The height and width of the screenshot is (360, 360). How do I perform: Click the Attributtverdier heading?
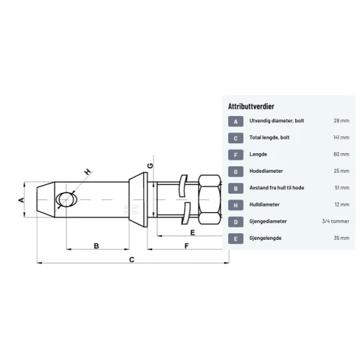pos(251,107)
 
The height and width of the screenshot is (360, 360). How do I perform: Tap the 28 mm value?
pos(341,120)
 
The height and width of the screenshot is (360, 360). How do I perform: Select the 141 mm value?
pos(341,138)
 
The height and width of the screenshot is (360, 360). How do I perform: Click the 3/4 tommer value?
pos(336,221)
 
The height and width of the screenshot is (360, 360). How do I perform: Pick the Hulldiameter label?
pos(264,204)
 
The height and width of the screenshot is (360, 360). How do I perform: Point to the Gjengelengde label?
pos(266,238)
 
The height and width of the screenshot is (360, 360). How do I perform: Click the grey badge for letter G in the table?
pos(235,171)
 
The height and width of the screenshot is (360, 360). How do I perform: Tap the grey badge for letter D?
pos(235,222)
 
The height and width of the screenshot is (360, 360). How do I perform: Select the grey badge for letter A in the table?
pos(235,122)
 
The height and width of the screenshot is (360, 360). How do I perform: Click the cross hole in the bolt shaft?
pos(66,199)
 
